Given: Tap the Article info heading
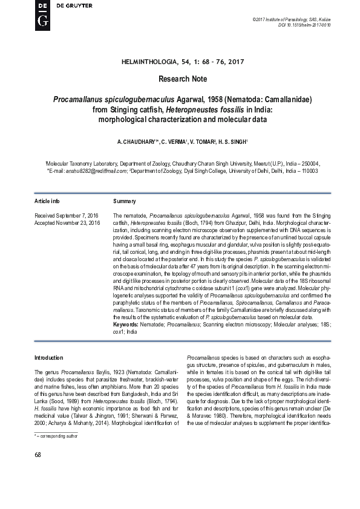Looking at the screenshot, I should tap(47, 200).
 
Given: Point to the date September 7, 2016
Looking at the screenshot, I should tap(76, 215).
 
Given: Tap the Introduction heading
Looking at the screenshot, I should tap(48, 358).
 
